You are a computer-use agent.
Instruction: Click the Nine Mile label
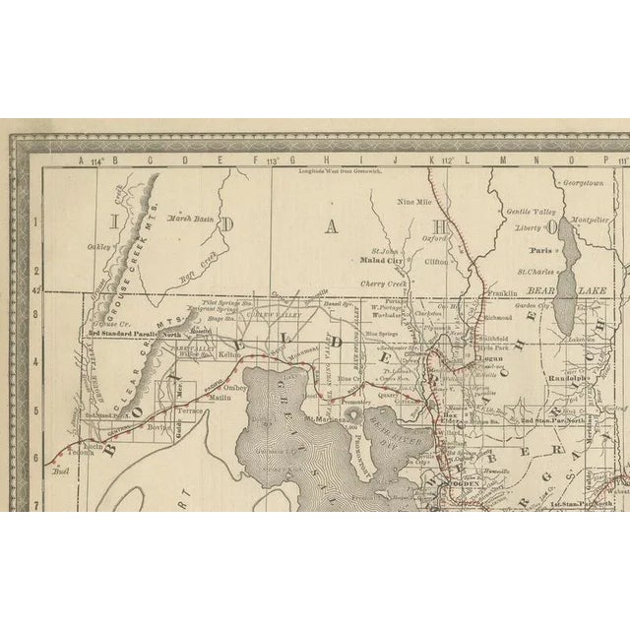[414, 202]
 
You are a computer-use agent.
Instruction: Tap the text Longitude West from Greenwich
[340, 170]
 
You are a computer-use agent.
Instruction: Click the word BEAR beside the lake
[543, 291]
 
